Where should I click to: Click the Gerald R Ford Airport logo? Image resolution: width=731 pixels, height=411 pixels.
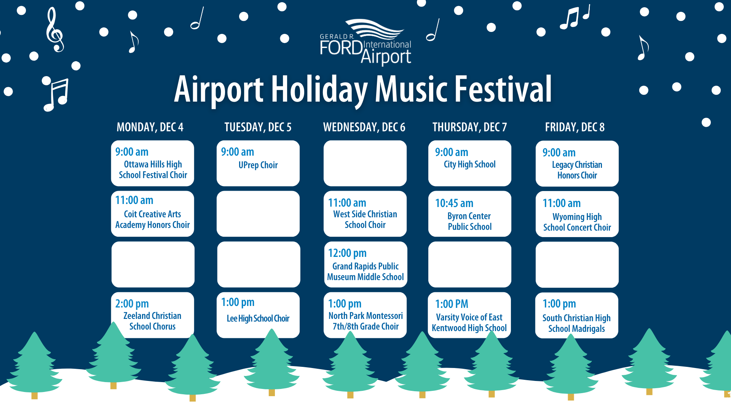pos(365,42)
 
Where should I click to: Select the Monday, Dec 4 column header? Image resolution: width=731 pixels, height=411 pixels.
pos(150,127)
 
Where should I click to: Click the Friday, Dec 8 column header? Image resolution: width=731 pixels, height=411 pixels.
pos(575,127)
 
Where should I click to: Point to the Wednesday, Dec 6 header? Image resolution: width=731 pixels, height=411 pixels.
pos(364,127)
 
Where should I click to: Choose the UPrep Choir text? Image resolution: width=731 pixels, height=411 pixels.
pos(258,165)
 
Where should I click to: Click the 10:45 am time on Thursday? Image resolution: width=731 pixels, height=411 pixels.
pos(454,203)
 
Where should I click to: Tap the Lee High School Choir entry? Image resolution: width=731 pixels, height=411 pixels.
pos(258,319)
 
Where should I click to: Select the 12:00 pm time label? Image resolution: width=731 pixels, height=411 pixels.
pos(347,253)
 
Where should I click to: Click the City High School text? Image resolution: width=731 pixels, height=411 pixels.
pos(470,164)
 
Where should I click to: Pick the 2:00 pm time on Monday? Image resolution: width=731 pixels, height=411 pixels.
pos(132,304)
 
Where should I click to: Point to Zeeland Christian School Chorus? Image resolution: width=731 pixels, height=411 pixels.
pos(152,321)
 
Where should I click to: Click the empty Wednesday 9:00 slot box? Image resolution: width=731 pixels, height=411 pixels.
pos(365,163)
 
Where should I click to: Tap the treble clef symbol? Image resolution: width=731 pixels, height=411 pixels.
pos(54,30)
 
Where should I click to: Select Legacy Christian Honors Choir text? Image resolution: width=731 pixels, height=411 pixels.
pos(577,170)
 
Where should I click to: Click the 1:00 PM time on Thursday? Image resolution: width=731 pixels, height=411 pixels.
pos(452,304)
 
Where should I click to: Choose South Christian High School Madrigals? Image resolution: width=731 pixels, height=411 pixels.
pos(576,323)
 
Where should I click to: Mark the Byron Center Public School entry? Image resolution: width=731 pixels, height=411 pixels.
pos(470,221)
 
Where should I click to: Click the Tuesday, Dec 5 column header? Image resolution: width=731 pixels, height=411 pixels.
pos(258,127)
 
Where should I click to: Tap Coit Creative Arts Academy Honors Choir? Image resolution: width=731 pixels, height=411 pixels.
pos(152,220)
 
